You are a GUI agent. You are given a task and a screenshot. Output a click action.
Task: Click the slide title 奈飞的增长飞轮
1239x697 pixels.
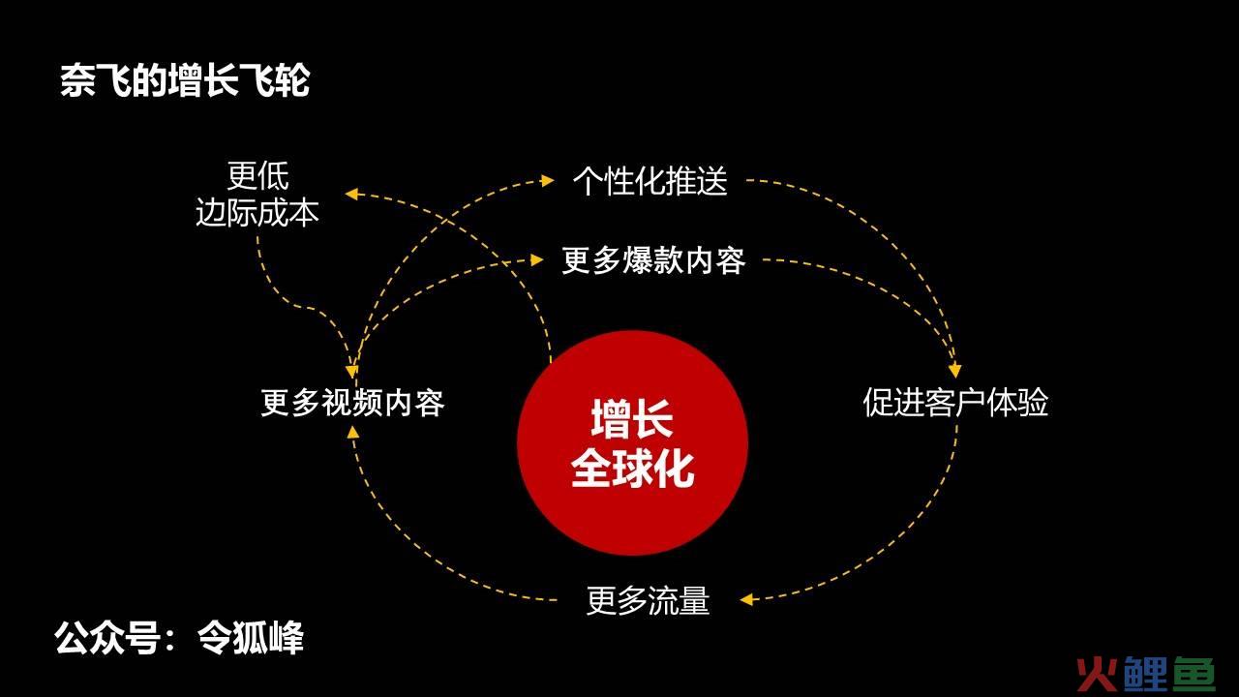(185, 80)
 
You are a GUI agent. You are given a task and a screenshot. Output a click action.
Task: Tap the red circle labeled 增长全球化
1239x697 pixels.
(632, 442)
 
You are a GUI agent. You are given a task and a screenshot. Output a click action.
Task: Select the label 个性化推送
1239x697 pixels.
(650, 180)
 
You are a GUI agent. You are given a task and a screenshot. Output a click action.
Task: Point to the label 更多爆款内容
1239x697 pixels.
(653, 260)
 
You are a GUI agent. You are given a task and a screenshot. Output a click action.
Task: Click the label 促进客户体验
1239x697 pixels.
(955, 402)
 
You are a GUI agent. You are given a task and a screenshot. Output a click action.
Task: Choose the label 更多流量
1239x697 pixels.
(648, 600)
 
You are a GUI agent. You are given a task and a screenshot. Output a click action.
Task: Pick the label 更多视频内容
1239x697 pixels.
(352, 402)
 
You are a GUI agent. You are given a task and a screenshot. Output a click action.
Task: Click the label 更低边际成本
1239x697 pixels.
(257, 195)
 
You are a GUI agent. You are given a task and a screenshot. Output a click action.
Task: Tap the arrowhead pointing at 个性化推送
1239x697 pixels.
(547, 180)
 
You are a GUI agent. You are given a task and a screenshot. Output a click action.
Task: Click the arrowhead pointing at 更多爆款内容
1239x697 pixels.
(536, 259)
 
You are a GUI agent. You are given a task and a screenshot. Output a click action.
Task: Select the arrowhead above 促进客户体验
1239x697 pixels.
(955, 371)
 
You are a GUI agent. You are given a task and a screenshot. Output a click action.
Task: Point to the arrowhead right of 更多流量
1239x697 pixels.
(746, 599)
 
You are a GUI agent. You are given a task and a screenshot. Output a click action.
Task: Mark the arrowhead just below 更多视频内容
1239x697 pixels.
(353, 432)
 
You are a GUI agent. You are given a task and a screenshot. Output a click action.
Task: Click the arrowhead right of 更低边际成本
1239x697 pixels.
(351, 194)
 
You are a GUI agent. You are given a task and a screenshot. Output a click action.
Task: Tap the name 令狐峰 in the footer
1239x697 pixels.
(251, 638)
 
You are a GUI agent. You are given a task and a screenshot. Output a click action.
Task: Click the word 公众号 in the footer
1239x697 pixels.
(107, 638)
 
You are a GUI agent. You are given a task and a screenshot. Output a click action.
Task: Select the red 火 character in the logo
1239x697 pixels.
(1100, 675)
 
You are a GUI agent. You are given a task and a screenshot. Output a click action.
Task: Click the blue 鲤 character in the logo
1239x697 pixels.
(1146, 675)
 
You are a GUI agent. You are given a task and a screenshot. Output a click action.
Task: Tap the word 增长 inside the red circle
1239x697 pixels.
(632, 418)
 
